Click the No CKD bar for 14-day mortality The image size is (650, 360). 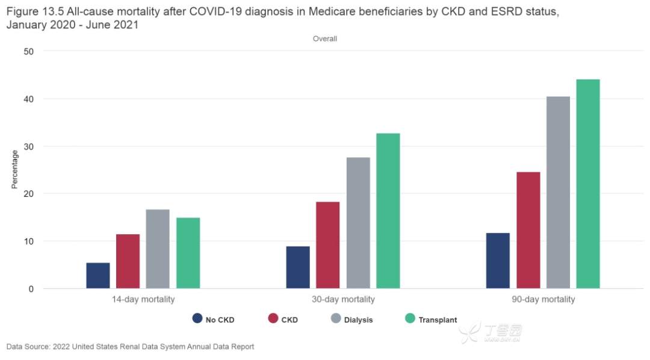point(98,276)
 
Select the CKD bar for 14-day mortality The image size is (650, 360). point(128,261)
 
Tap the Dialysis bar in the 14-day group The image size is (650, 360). point(158,249)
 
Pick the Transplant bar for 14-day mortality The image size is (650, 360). point(188,253)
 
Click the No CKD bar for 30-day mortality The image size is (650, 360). point(298,267)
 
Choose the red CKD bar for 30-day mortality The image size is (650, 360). point(328,245)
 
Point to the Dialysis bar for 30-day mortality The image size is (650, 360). point(358,223)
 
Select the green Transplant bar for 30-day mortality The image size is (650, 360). point(388,211)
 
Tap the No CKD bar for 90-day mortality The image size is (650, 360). point(498,261)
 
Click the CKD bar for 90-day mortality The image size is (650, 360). point(528,230)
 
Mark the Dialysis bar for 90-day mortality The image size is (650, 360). point(558,193)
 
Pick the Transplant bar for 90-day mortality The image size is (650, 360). point(588,184)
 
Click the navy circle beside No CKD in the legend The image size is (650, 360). point(197,318)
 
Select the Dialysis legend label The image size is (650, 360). point(358,320)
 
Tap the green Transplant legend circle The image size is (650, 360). point(410,318)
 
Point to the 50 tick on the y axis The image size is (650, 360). point(29,51)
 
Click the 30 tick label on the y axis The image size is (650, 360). point(29,146)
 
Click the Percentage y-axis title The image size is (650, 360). point(15,169)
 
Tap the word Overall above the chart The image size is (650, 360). point(325,39)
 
